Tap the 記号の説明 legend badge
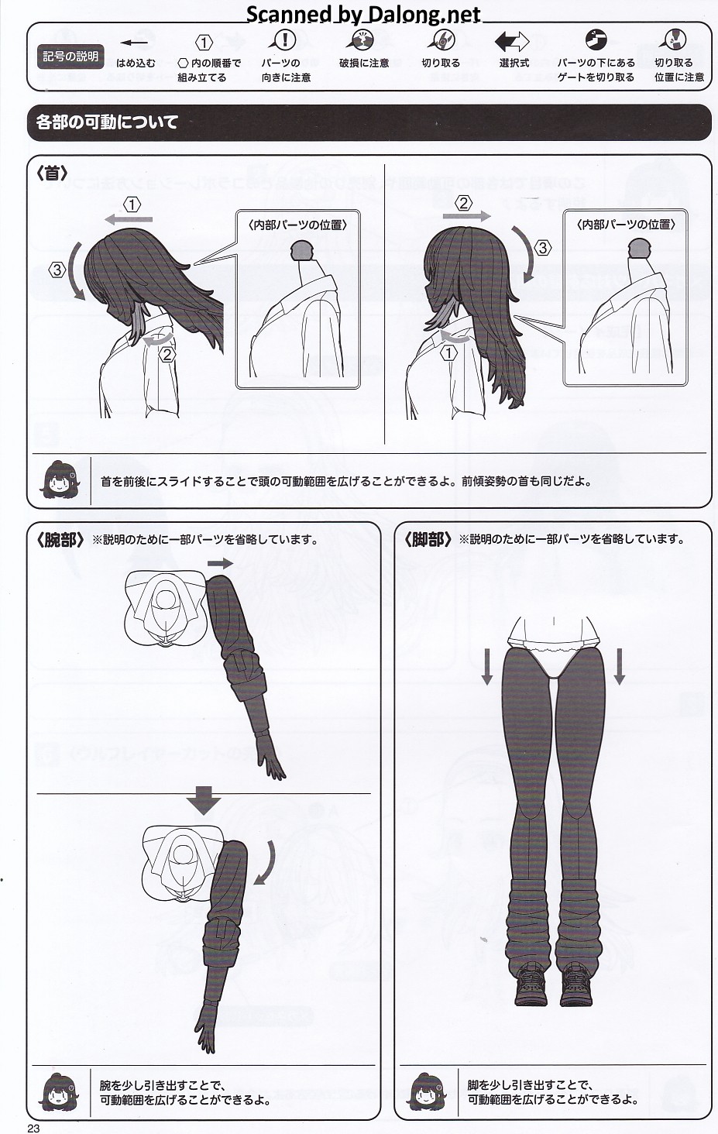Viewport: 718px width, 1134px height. click(x=70, y=57)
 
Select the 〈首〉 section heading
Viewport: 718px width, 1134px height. click(x=52, y=174)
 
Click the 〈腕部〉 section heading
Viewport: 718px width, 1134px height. click(x=60, y=540)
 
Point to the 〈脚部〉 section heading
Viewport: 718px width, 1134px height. click(x=428, y=540)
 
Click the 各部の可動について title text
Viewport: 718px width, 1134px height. click(x=107, y=122)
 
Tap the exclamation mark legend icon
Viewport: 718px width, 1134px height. click(x=284, y=40)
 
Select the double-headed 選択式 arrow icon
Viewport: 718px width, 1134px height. click(x=511, y=42)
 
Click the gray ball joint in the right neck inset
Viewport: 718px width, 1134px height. click(x=640, y=248)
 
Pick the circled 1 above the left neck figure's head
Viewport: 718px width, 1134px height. click(x=132, y=205)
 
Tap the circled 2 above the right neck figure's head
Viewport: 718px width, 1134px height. click(x=463, y=204)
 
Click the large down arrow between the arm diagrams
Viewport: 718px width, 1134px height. click(x=203, y=800)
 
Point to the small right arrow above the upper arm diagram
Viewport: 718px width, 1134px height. click(x=220, y=563)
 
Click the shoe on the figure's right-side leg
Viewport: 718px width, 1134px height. click(x=576, y=983)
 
